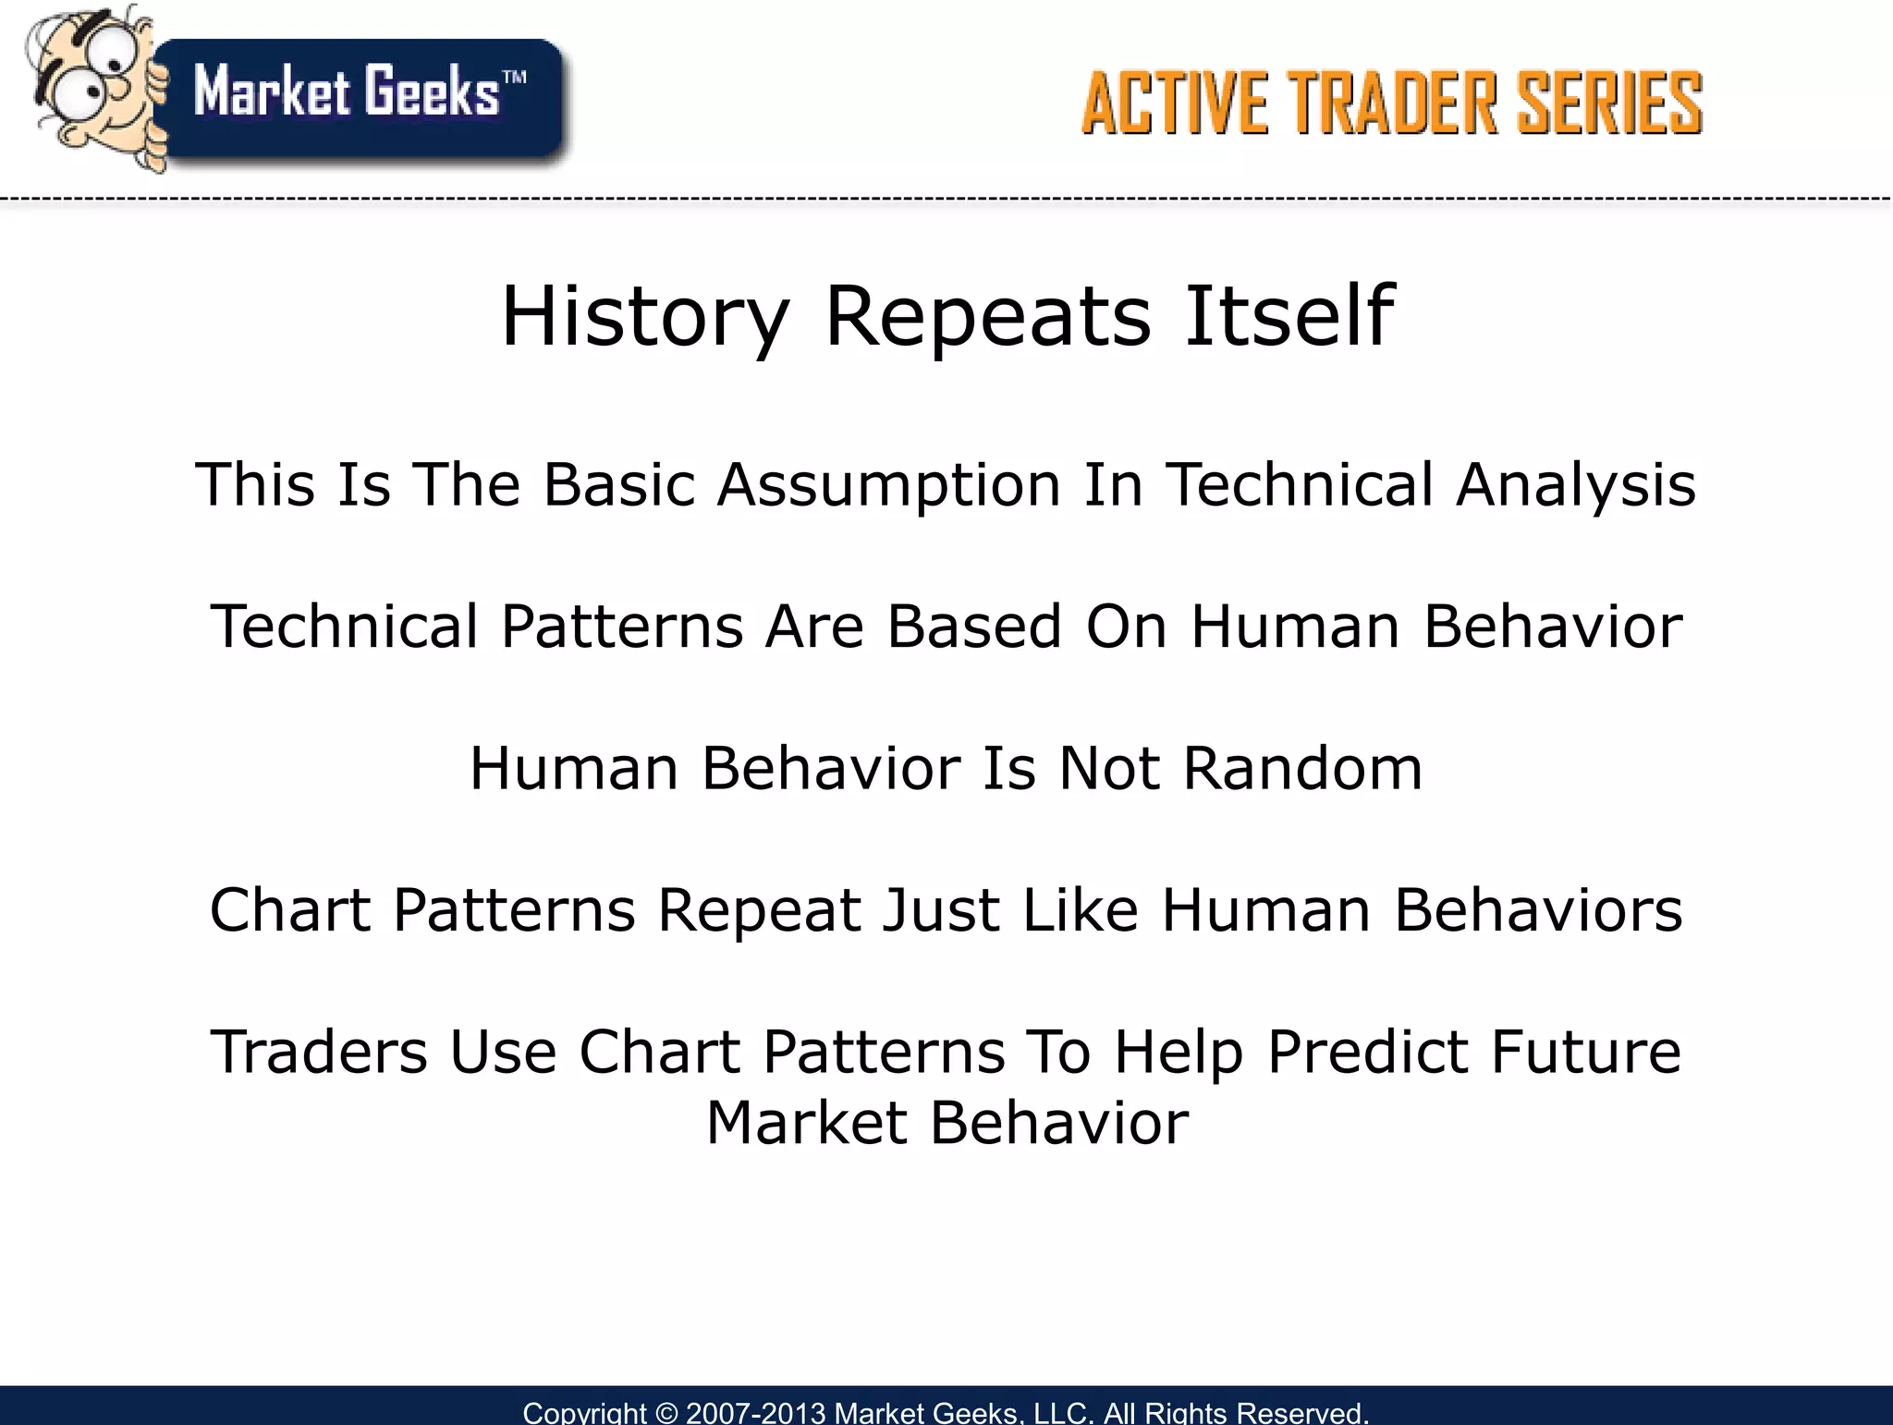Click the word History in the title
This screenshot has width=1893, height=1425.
coord(645,317)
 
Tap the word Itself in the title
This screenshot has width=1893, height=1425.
coord(1288,317)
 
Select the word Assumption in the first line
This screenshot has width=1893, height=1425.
coord(888,485)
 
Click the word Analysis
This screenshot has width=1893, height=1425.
coord(1575,485)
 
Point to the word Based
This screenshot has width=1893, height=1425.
coord(974,627)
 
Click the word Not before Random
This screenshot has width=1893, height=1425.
coord(1108,769)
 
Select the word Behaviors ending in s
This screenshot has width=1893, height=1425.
coord(1538,910)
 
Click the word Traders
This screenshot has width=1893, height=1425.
coord(319,1053)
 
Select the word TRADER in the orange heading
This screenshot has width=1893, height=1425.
coord(1392,104)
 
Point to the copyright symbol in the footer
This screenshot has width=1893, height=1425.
coord(666,1413)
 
